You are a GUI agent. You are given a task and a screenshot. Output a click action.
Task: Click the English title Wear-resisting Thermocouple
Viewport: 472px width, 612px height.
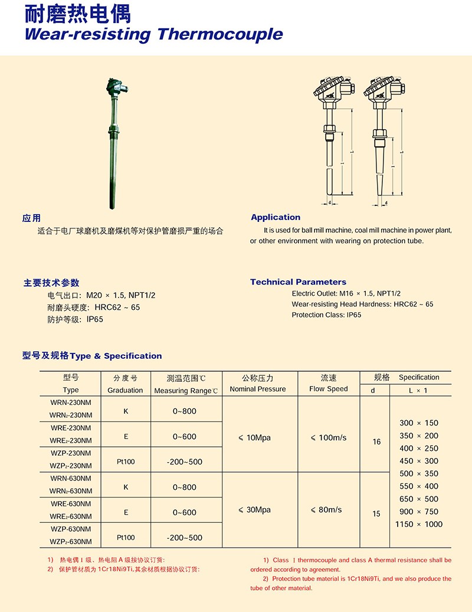pos(153,34)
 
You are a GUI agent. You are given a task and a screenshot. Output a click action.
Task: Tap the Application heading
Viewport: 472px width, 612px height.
pos(276,217)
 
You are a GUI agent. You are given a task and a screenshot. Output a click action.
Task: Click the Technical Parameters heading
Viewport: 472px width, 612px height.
pos(298,282)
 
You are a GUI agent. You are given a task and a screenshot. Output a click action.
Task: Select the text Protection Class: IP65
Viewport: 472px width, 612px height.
pos(326,315)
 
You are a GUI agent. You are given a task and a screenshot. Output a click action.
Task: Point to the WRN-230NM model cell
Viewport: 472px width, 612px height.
pos(71,402)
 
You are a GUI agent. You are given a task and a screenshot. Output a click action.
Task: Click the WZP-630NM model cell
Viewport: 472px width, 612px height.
pos(71,529)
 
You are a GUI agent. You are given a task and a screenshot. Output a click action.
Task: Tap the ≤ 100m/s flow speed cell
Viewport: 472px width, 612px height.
pos(328,438)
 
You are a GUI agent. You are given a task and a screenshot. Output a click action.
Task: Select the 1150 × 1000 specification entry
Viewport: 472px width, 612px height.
pos(418,525)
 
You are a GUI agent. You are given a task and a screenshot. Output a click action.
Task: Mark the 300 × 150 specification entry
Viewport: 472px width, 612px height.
pos(418,423)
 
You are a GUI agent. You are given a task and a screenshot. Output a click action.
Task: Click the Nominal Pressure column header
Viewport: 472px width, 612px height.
pos(258,390)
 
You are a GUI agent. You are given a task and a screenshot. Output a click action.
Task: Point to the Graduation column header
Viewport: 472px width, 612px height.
pos(125,390)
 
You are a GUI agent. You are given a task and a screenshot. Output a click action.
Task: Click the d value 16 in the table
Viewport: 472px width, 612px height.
pos(376,442)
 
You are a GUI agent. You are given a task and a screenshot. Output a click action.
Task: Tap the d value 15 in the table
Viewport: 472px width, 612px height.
pos(376,514)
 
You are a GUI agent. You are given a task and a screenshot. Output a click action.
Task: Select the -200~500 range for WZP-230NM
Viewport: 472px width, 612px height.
pos(185,462)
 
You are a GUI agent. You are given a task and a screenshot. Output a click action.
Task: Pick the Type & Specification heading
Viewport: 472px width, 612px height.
pos(92,356)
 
